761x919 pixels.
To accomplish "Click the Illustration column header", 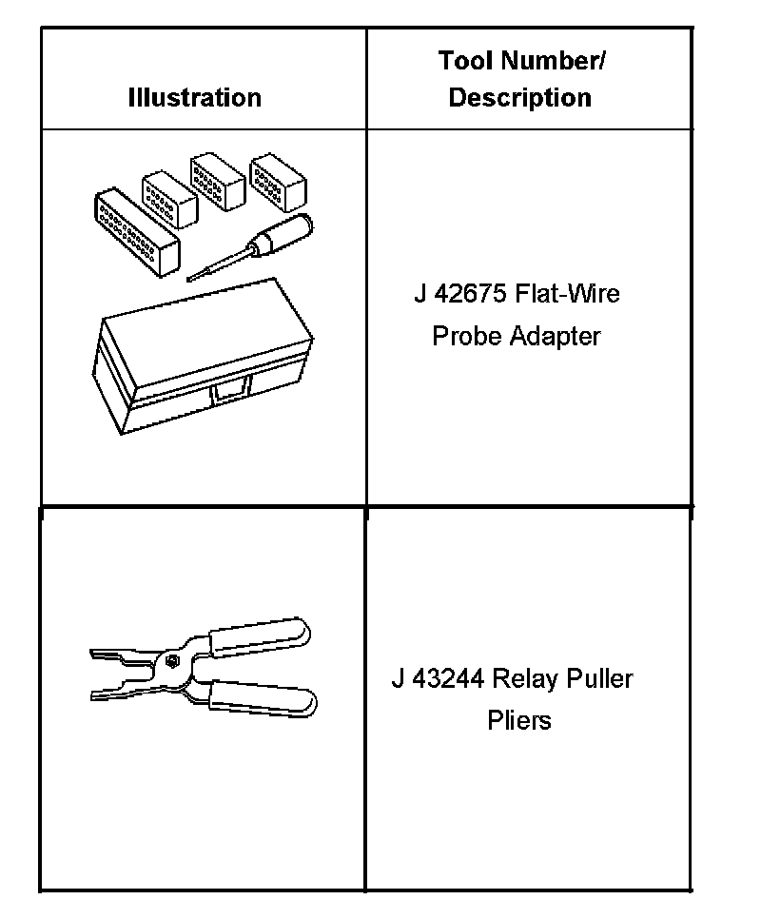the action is pos(194,97).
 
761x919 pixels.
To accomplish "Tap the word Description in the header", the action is pos(519,97).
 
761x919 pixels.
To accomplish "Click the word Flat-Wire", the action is pos(567,293).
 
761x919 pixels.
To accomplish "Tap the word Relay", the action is pos(526,678).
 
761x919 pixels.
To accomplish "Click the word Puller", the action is pos(599,678).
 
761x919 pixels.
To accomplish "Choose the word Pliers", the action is pos(519,720).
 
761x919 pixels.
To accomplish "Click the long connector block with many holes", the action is pos(137,232).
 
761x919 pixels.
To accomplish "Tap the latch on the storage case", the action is pos(231,388).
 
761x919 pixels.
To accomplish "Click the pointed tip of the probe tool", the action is pos(191,278).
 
